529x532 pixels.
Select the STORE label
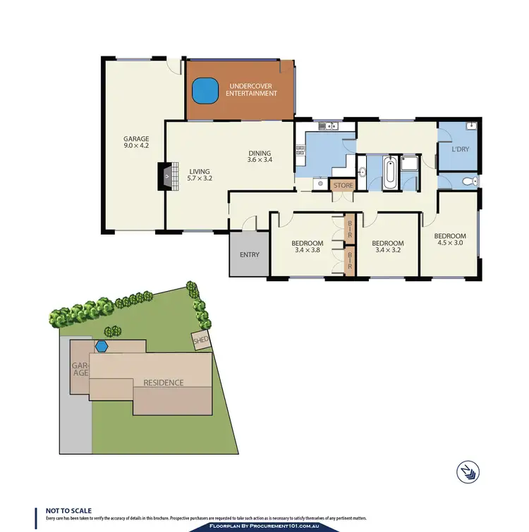pyautogui.click(x=343, y=185)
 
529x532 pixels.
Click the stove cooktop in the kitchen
pyautogui.click(x=300, y=149)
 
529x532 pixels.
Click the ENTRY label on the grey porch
pyautogui.click(x=250, y=255)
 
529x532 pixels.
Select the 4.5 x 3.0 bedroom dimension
pyautogui.click(x=449, y=244)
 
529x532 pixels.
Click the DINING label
pyautogui.click(x=259, y=153)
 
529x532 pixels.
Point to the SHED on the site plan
pyautogui.click(x=201, y=341)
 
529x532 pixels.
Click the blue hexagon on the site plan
pyautogui.click(x=102, y=346)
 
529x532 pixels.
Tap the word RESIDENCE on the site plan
pyautogui.click(x=164, y=383)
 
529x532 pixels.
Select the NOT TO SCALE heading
pyautogui.click(x=68, y=510)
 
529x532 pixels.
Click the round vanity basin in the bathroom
pyautogui.click(x=362, y=173)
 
